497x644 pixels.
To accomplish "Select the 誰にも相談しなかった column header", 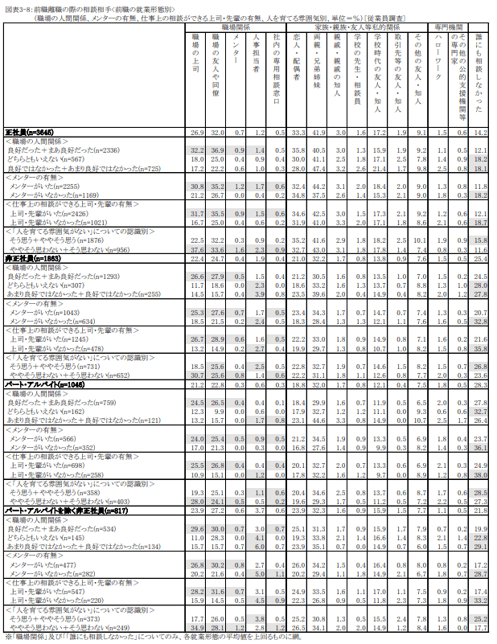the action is tap(479, 72).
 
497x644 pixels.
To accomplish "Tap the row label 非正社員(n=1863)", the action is tap(32, 258).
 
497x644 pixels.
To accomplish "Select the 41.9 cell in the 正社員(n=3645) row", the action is tap(318, 131).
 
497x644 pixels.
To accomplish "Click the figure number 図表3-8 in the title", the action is tap(18, 5).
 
